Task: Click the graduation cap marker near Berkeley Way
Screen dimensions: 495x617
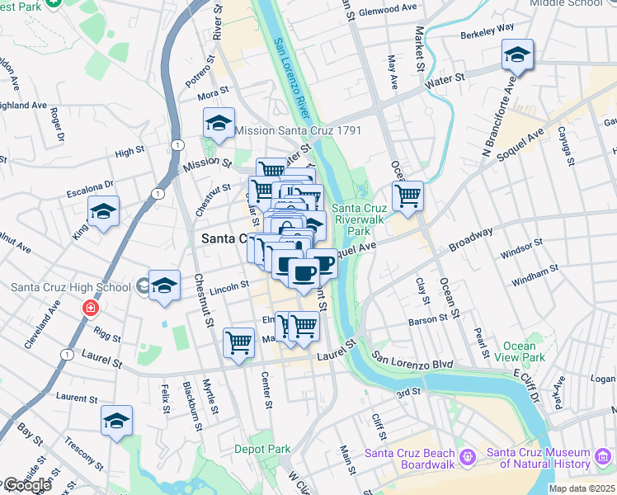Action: click(517, 56)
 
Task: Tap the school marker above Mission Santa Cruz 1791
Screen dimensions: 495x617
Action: click(219, 124)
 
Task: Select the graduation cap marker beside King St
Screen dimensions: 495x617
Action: click(104, 212)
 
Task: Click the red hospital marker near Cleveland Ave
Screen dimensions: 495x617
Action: click(90, 309)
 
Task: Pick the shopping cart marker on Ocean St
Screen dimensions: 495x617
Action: click(407, 197)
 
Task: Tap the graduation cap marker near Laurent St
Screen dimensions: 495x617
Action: click(117, 422)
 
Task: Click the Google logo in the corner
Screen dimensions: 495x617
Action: click(26, 485)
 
